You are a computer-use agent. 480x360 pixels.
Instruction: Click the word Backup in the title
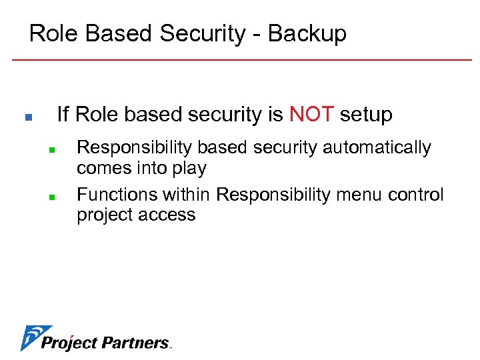(x=307, y=33)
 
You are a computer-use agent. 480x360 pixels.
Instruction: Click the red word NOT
(x=311, y=115)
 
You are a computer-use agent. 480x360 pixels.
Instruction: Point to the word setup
(x=366, y=115)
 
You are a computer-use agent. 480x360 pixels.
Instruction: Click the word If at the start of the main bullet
(x=63, y=115)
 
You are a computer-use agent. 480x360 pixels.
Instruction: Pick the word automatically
(x=377, y=147)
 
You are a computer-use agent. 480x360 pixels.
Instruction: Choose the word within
(x=187, y=195)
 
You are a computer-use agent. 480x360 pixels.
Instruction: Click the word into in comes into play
(x=152, y=168)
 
